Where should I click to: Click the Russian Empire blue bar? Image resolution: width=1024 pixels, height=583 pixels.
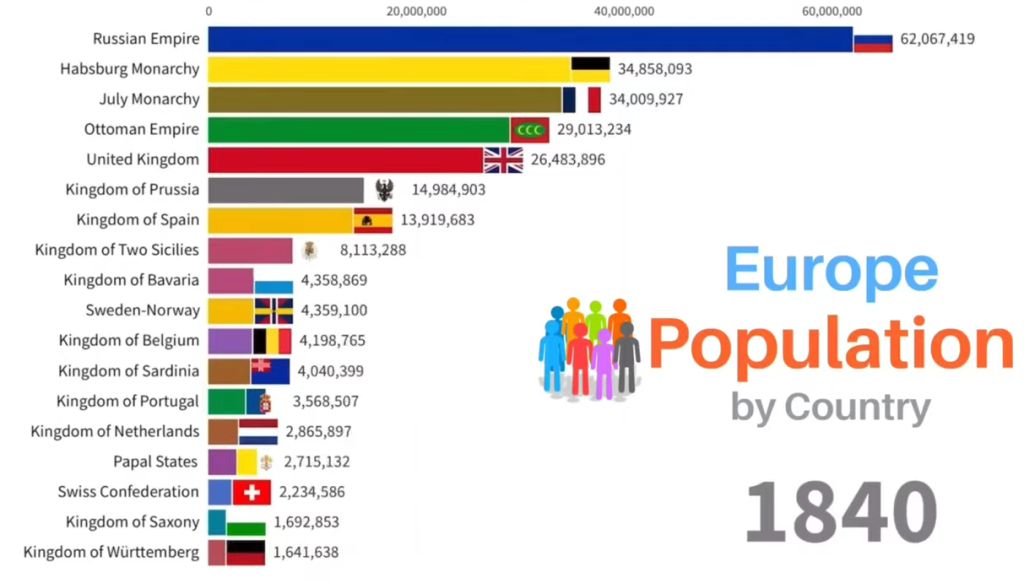[530, 39]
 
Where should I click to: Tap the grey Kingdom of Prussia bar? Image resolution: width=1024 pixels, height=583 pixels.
[286, 189]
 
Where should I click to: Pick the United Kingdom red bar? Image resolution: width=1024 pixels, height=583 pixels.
[346, 159]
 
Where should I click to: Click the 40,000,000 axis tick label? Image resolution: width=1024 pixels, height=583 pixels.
[624, 11]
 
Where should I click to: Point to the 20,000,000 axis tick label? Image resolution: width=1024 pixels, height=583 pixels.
[416, 11]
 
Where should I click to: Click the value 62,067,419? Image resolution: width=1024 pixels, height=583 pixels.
[937, 39]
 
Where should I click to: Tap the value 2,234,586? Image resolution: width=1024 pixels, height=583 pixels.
[313, 492]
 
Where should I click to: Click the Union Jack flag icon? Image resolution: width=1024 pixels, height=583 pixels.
[503, 160]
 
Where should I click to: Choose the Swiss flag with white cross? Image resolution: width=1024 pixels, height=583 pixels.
[252, 492]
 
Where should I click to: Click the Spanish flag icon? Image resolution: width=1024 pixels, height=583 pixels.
[373, 220]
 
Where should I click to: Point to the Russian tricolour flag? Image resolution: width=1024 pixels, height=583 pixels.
[873, 40]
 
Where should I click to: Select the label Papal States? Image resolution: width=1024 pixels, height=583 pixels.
[156, 461]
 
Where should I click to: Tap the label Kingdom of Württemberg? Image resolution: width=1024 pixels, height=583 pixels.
[111, 552]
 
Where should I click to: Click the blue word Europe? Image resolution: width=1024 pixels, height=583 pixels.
[831, 271]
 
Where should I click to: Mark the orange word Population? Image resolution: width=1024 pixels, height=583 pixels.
[830, 344]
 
